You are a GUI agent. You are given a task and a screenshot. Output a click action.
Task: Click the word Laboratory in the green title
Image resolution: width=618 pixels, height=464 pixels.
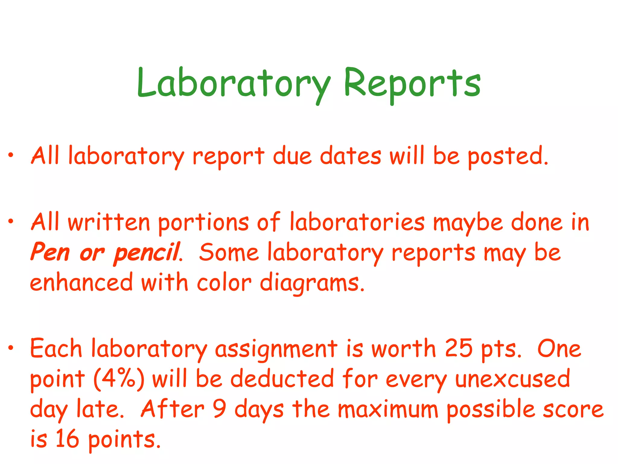pyautogui.click(x=234, y=83)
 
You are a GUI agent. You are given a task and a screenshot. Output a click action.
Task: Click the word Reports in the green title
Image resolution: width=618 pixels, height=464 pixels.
pyautogui.click(x=412, y=83)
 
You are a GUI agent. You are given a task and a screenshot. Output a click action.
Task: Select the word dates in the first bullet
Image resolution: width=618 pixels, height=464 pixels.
pyautogui.click(x=351, y=156)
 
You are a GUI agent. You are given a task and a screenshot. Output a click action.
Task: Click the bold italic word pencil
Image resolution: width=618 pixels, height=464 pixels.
pyautogui.click(x=147, y=253)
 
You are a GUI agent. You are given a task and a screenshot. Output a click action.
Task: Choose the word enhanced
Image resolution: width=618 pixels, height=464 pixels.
pyautogui.click(x=81, y=282)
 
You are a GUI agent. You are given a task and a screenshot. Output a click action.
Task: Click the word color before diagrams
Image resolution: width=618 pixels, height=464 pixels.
pyautogui.click(x=224, y=282)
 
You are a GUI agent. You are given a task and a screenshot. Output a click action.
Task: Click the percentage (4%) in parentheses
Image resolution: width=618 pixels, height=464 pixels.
pyautogui.click(x=119, y=379)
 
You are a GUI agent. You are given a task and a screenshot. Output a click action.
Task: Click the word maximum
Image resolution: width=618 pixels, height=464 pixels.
pyautogui.click(x=388, y=409)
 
